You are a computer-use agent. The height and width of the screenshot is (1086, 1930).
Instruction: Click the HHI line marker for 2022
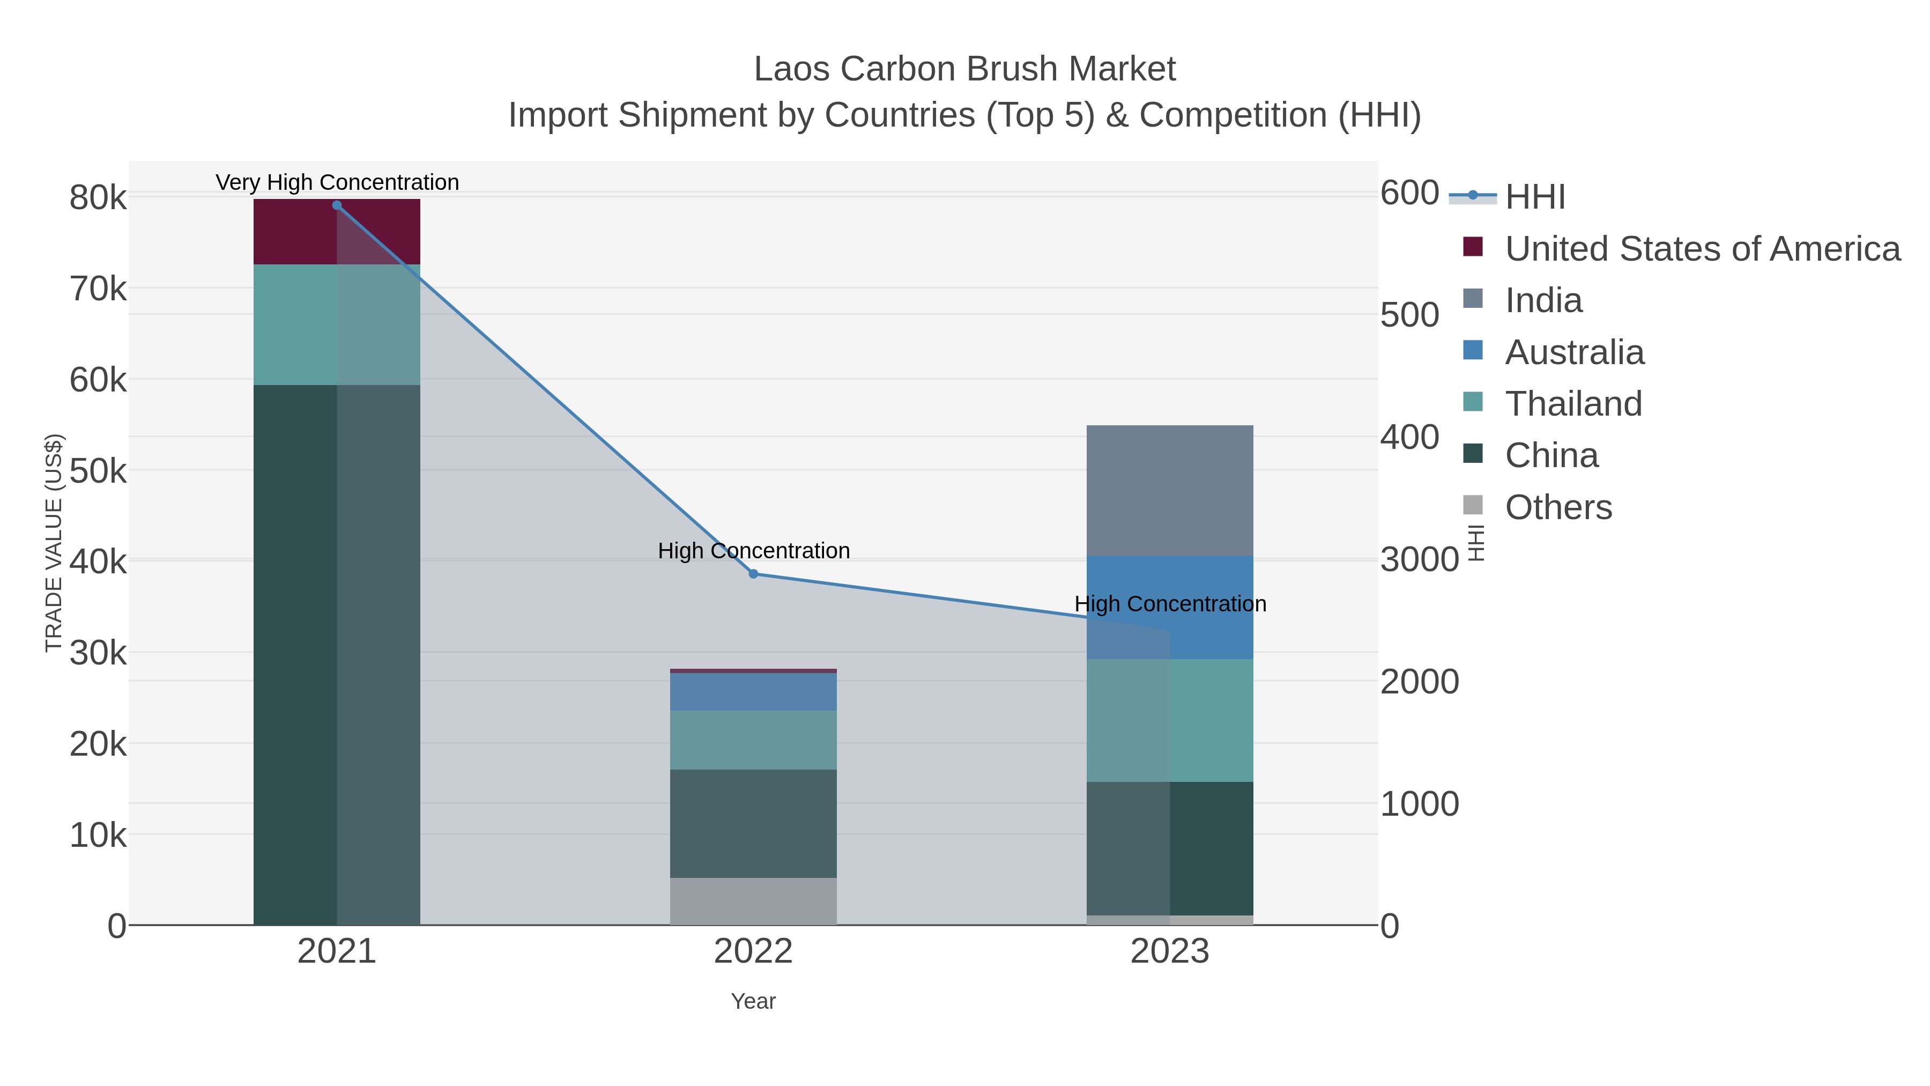pyautogui.click(x=753, y=574)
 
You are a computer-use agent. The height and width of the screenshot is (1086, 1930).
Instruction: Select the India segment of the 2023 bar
pyautogui.click(x=1170, y=490)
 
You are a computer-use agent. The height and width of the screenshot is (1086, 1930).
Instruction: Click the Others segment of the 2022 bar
pyautogui.click(x=753, y=901)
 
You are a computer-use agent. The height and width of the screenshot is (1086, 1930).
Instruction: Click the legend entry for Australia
pyautogui.click(x=1573, y=352)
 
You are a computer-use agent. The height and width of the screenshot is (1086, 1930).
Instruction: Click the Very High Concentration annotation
pyautogui.click(x=337, y=182)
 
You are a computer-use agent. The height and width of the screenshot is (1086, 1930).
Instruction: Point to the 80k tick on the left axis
pyautogui.click(x=98, y=198)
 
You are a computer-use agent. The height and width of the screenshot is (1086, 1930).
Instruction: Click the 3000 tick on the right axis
pyautogui.click(x=1419, y=560)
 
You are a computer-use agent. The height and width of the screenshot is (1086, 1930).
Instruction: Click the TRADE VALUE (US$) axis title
pyautogui.click(x=54, y=543)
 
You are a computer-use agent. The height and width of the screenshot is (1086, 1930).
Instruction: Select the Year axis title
pyautogui.click(x=753, y=1001)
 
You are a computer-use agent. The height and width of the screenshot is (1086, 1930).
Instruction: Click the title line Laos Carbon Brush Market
pyautogui.click(x=964, y=69)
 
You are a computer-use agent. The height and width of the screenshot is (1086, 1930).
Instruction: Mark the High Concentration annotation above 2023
pyautogui.click(x=1170, y=604)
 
